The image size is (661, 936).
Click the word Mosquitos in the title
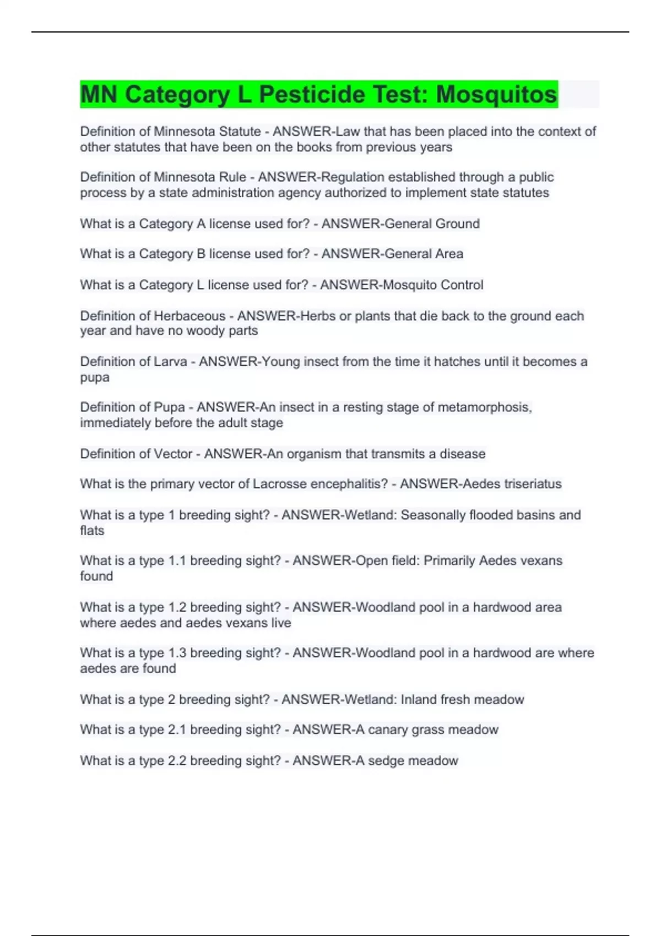point(496,94)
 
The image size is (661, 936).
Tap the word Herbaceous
point(189,316)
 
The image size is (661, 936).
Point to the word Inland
point(419,699)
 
